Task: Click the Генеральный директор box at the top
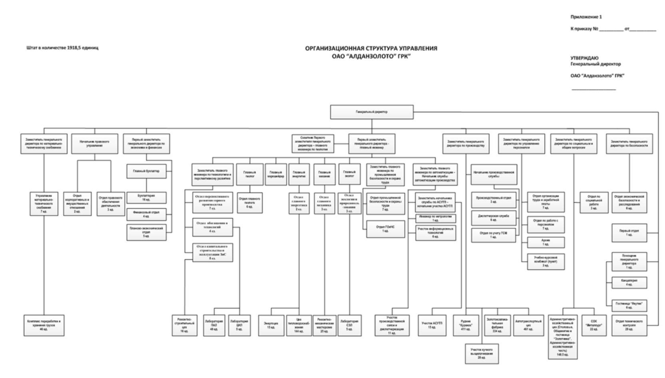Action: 372,110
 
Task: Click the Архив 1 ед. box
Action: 545,243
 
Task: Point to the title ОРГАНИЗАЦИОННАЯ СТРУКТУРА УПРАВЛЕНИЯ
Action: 371,49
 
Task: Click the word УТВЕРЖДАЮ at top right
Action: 584,58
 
